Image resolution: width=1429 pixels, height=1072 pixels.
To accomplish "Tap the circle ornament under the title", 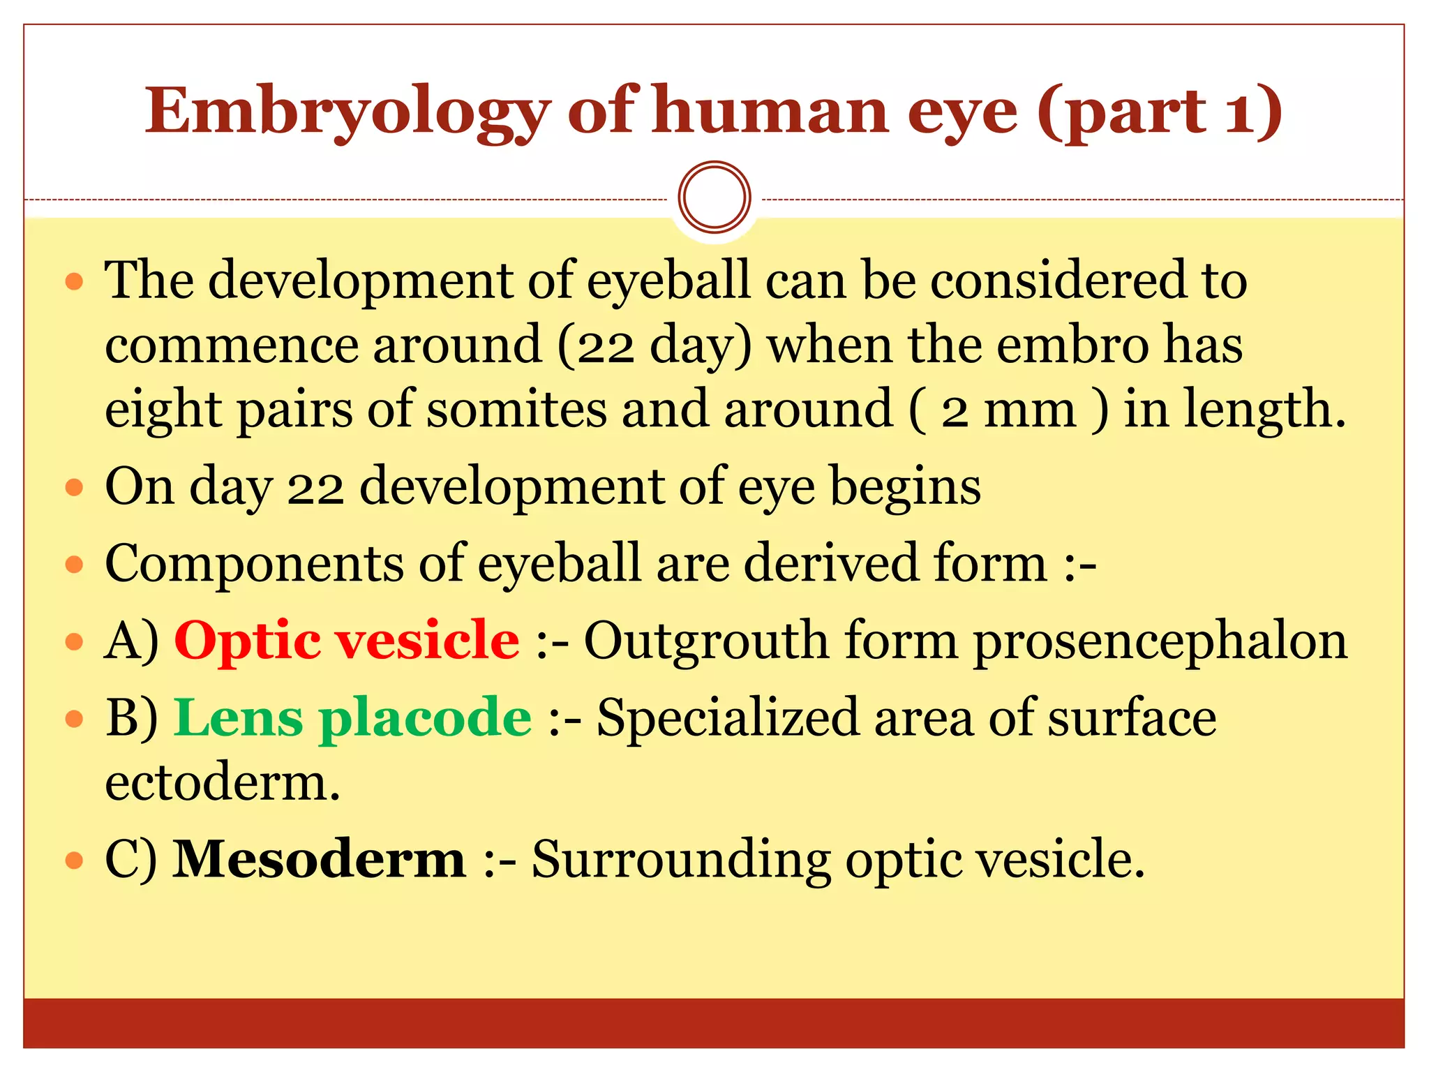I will coord(714,198).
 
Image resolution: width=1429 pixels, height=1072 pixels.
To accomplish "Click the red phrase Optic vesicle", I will coord(347,640).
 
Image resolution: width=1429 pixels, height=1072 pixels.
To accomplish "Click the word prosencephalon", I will coord(1160,641).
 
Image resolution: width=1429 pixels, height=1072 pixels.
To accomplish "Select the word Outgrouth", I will coord(706,640).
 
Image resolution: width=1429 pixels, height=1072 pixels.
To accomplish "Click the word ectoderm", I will coord(222,782).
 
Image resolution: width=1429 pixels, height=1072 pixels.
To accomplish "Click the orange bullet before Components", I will coord(74,564).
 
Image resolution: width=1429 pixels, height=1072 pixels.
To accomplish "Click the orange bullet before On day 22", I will coord(74,486).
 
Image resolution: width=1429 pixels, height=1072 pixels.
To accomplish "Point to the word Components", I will coord(254,563).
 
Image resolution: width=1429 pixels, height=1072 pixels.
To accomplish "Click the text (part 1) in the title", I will coord(1159,112).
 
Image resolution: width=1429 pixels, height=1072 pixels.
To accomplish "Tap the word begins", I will coord(905,486).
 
